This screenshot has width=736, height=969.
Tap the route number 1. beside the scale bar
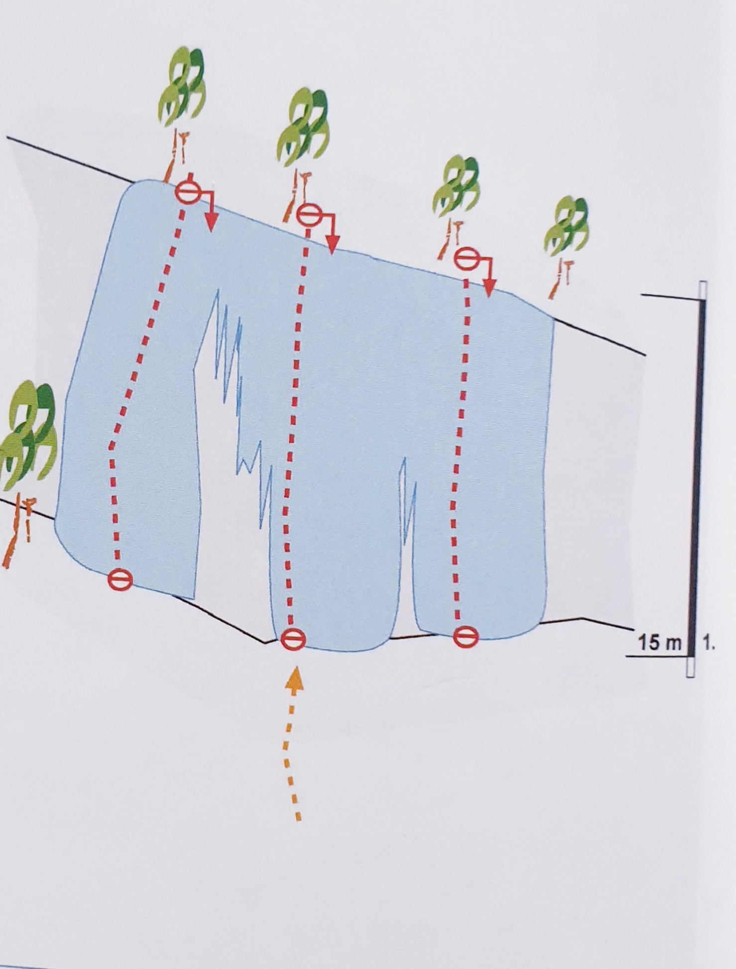coord(709,643)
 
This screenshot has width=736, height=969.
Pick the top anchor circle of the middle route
coord(309,215)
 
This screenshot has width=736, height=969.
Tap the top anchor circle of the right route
coord(466,258)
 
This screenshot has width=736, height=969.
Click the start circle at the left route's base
coord(120,579)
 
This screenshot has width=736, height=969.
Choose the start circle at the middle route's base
coord(293,639)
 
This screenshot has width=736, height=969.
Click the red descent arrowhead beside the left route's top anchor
coord(212,223)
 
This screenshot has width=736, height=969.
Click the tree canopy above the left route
coord(182,88)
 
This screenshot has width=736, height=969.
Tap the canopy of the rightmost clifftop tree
coord(567,224)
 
